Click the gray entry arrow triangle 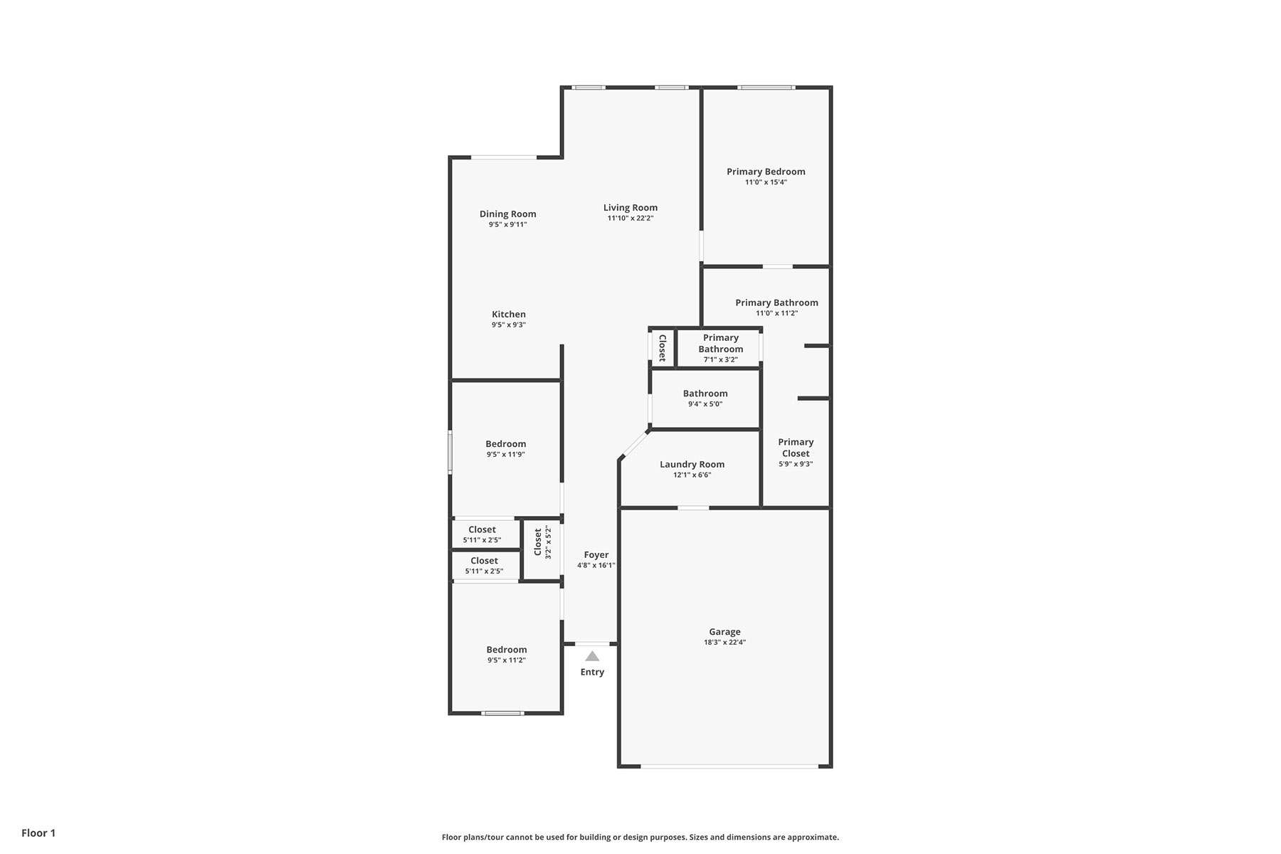[x=592, y=656]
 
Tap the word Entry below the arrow [x=592, y=672]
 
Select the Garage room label [x=724, y=632]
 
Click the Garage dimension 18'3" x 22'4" [x=724, y=643]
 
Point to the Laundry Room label [x=692, y=465]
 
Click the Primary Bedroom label [x=766, y=172]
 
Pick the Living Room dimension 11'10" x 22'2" [x=631, y=218]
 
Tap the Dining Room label [x=507, y=214]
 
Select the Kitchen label [x=509, y=315]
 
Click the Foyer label [x=596, y=555]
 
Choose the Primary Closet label [x=796, y=448]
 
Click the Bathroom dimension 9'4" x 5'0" [x=705, y=404]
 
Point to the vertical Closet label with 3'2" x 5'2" [x=538, y=542]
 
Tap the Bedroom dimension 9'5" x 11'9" [x=506, y=455]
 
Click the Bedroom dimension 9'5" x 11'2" [x=507, y=660]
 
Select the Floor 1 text [x=38, y=833]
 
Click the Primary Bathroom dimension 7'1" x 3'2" [x=721, y=360]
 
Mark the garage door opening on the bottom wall [x=729, y=766]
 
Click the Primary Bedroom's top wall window [x=766, y=88]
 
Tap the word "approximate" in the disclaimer [x=816, y=838]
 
